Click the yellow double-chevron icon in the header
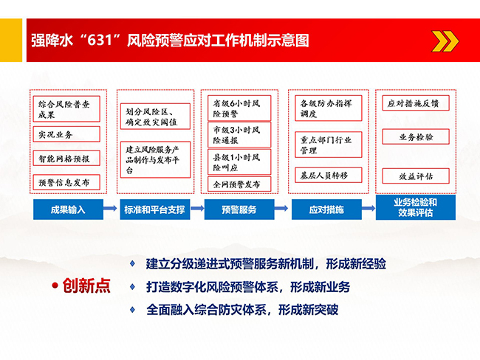coord(445,41)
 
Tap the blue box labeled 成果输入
coord(68,210)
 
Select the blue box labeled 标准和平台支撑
coord(155,210)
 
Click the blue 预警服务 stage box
coord(239,210)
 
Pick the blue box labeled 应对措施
coord(326,210)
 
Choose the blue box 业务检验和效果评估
coord(416,207)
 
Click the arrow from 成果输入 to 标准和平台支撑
coord(110,209)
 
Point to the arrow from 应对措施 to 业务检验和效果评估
coord(368,209)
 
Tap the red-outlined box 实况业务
coord(66,134)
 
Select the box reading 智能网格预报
coord(66,159)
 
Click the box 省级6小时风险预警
coord(239,108)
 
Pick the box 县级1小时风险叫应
coord(239,162)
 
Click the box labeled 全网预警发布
coord(239,184)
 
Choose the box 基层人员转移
coord(329,176)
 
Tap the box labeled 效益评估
coord(416,176)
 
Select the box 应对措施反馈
coord(416,103)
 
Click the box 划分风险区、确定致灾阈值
coord(155,117)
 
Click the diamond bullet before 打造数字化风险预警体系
coord(132,286)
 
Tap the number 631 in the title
coord(100,40)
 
